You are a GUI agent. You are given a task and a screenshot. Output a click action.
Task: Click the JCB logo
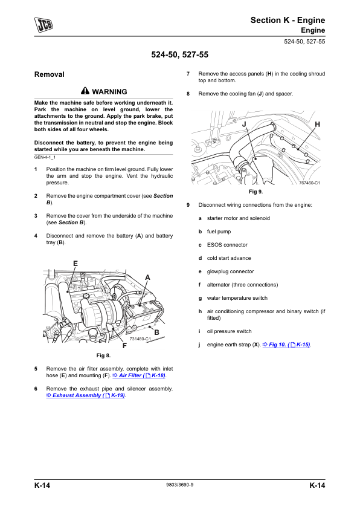coord(43,25)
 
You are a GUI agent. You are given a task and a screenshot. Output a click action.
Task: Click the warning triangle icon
coord(85,91)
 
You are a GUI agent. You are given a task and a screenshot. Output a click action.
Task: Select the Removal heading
coord(50,74)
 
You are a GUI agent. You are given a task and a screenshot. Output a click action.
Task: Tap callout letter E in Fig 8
coord(76,263)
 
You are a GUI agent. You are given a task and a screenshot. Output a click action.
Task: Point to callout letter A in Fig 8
coord(147,277)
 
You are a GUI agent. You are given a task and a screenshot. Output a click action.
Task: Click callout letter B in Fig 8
coord(156,332)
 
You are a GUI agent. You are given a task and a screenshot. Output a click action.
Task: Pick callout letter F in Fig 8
coord(124,346)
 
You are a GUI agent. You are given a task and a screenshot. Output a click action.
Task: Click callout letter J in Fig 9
coord(244,125)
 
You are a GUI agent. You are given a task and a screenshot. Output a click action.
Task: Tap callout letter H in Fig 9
coord(318,125)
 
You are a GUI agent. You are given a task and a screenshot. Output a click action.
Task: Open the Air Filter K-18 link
coord(139,375)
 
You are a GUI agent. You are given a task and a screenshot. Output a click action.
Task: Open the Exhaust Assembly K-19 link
coord(86,395)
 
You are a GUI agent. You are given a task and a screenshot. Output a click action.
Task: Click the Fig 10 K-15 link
coord(286,345)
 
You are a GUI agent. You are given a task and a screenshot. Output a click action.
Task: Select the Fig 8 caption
coord(103,355)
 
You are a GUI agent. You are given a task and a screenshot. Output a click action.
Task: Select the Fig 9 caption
coord(256,192)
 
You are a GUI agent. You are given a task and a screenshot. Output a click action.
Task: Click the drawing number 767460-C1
coord(309,183)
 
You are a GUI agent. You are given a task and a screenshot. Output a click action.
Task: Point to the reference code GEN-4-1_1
coord(45,157)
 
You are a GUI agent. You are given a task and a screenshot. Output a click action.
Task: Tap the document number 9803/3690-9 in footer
coord(179,485)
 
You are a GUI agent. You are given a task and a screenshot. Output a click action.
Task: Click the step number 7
coord(188,74)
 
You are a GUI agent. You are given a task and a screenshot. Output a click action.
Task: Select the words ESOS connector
coord(227,245)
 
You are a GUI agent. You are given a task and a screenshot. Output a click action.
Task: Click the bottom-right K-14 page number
coord(317,485)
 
